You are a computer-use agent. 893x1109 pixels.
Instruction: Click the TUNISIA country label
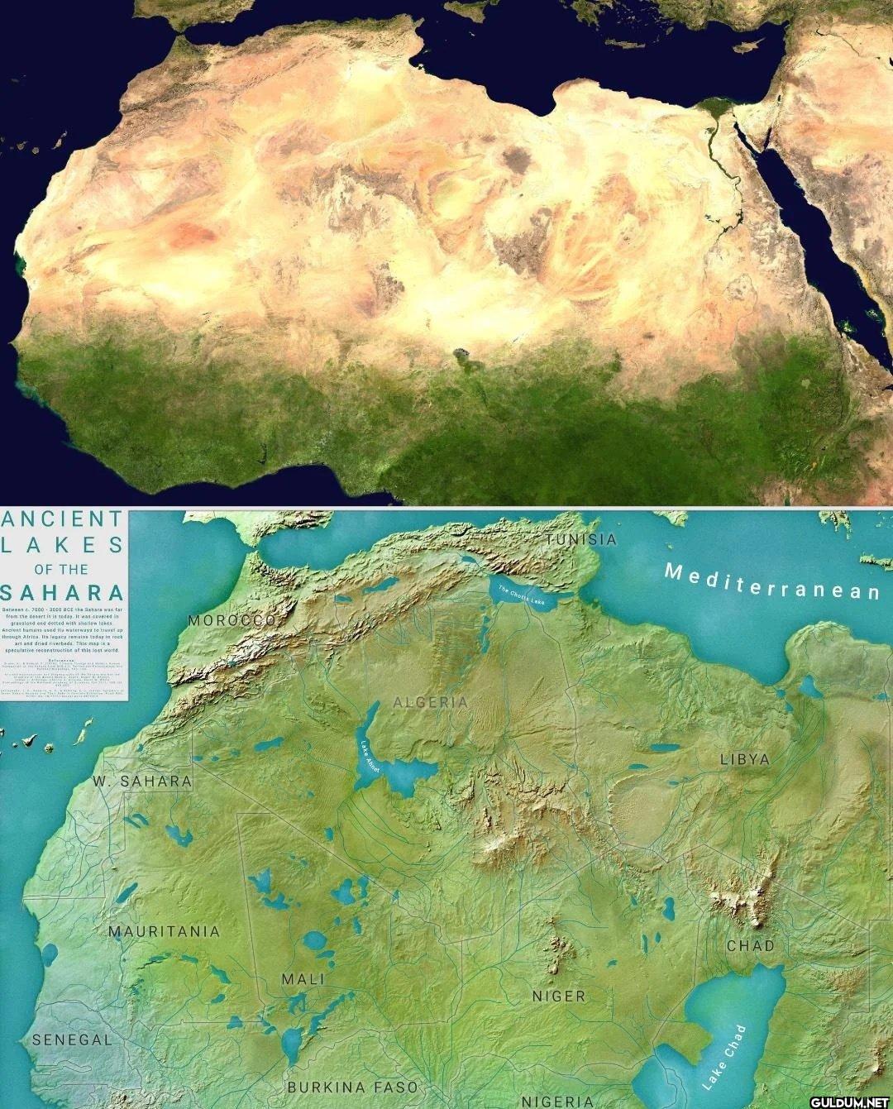[581, 540]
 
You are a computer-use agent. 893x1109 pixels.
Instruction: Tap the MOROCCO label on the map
[231, 619]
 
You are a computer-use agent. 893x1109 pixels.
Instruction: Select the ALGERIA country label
[430, 702]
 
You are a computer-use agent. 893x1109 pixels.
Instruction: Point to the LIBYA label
[744, 759]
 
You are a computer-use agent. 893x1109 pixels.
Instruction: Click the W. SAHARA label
[142, 781]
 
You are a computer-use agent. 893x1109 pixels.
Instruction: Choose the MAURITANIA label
[165, 931]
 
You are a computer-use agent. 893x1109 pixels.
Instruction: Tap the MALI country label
[303, 979]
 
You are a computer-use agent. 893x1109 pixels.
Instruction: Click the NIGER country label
[559, 997]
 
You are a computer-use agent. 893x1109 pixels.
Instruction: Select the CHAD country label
[751, 945]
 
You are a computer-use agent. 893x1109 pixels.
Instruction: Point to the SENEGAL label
[72, 1040]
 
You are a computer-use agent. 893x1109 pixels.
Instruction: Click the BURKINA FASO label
[353, 1087]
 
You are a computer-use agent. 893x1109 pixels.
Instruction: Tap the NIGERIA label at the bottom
[557, 1101]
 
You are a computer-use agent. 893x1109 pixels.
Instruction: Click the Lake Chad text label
[724, 1055]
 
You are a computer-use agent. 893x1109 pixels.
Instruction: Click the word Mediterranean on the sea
[772, 581]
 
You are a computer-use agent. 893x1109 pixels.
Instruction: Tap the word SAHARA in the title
[63, 593]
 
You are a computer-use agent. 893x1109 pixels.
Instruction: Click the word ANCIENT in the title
[63, 519]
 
